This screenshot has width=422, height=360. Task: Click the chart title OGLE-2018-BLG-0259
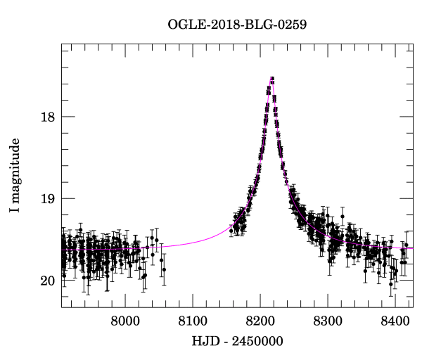click(237, 25)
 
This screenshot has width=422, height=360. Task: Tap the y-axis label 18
click(46, 117)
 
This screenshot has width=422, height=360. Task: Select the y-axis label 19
click(46, 199)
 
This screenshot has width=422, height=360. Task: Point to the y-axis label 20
click(46, 281)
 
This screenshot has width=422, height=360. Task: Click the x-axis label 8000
click(125, 323)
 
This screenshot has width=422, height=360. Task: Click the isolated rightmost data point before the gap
click(164, 269)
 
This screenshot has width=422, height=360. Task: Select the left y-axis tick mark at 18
click(65, 117)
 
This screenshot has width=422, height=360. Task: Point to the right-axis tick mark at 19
click(409, 198)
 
